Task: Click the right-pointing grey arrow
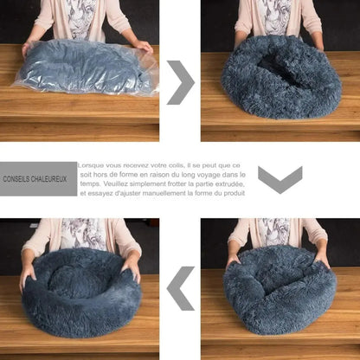tap(180, 82)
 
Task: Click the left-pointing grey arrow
tap(181, 287)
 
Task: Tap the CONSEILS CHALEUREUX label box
tap(39, 179)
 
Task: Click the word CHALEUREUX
tap(51, 179)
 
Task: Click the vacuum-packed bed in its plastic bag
tap(86, 67)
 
